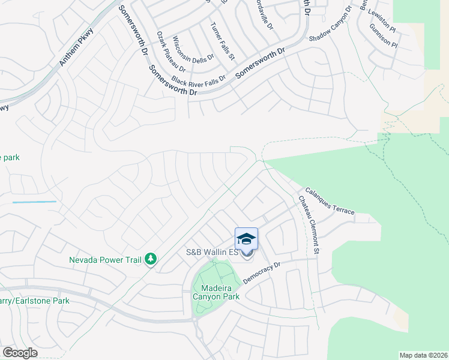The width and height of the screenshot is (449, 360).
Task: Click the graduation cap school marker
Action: (246, 239)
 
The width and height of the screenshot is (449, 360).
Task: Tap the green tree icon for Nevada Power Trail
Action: (151, 259)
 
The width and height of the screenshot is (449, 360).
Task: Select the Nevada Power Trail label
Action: (105, 260)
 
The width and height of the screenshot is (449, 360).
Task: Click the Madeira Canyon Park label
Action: (217, 292)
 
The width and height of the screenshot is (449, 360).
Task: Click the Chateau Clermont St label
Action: (308, 224)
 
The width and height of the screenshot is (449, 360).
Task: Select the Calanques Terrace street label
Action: (329, 202)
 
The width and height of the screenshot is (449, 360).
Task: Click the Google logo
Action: (20, 353)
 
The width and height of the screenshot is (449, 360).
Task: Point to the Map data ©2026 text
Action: (423, 355)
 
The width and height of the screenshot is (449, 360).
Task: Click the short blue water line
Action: (34, 202)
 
